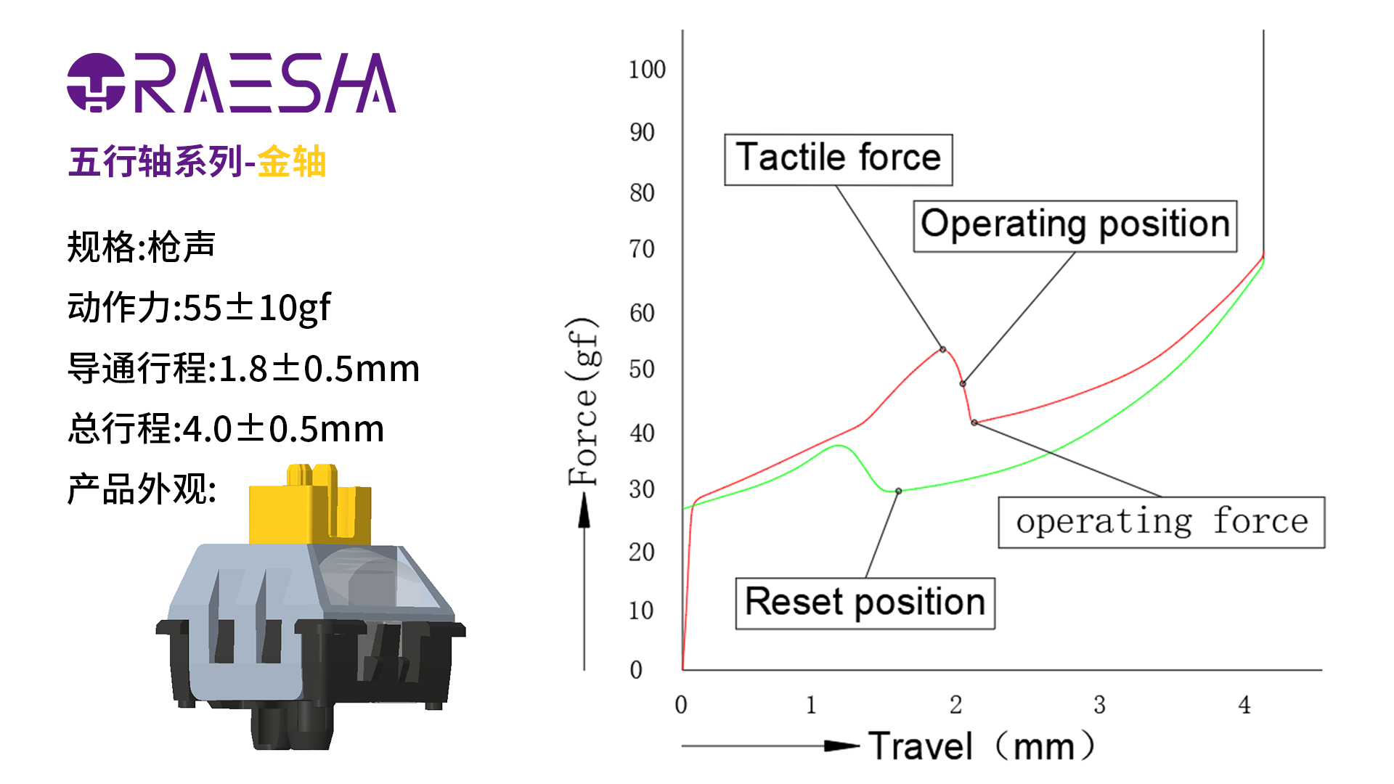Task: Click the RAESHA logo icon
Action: [96, 83]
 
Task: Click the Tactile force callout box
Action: [838, 159]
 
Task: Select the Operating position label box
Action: [1075, 226]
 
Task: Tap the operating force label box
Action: [1161, 522]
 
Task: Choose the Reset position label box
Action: [865, 603]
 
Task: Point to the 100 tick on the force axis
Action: [647, 70]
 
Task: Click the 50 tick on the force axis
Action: [642, 369]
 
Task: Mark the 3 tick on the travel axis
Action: [1099, 704]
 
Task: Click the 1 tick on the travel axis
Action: [811, 704]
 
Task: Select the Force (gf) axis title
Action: [584, 401]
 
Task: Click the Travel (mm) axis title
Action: [980, 746]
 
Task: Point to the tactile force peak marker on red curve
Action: [942, 349]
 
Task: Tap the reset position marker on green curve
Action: [898, 491]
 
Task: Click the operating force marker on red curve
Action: [974, 422]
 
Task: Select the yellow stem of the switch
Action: [310, 508]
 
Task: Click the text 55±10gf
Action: [257, 308]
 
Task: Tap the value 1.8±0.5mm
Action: [319, 369]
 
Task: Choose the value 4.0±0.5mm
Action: [283, 429]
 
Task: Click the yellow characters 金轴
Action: [292, 162]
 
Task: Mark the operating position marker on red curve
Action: [963, 383]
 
